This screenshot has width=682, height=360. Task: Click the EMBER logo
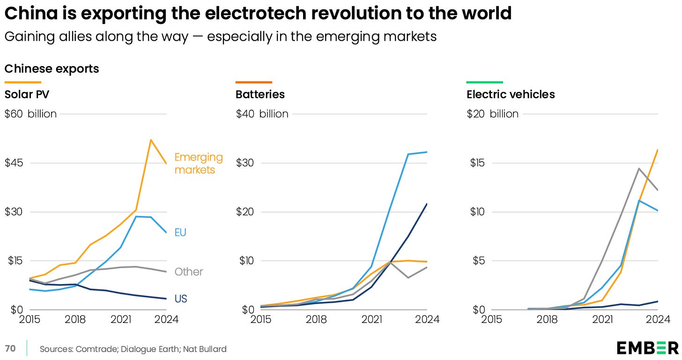tap(647, 348)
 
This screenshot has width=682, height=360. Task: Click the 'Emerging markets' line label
tap(199, 163)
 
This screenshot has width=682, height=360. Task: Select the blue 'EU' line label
tap(180, 232)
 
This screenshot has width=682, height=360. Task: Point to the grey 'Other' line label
tap(189, 272)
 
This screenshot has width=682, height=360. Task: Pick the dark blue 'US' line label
tap(180, 299)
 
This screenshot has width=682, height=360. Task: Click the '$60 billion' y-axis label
tap(30, 114)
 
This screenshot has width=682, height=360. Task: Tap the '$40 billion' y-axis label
tap(262, 114)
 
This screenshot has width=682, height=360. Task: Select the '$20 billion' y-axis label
tap(493, 114)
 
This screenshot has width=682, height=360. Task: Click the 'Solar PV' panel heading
tap(27, 94)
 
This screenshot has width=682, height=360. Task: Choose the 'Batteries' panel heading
tap(260, 94)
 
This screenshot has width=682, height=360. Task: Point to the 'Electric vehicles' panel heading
tap(511, 94)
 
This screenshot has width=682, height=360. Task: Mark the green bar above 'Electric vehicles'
tap(485, 82)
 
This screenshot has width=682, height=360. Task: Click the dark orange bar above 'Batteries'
tap(253, 82)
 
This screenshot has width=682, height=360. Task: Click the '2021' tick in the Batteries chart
tap(372, 320)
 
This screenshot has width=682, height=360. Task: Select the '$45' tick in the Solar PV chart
tap(14, 163)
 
